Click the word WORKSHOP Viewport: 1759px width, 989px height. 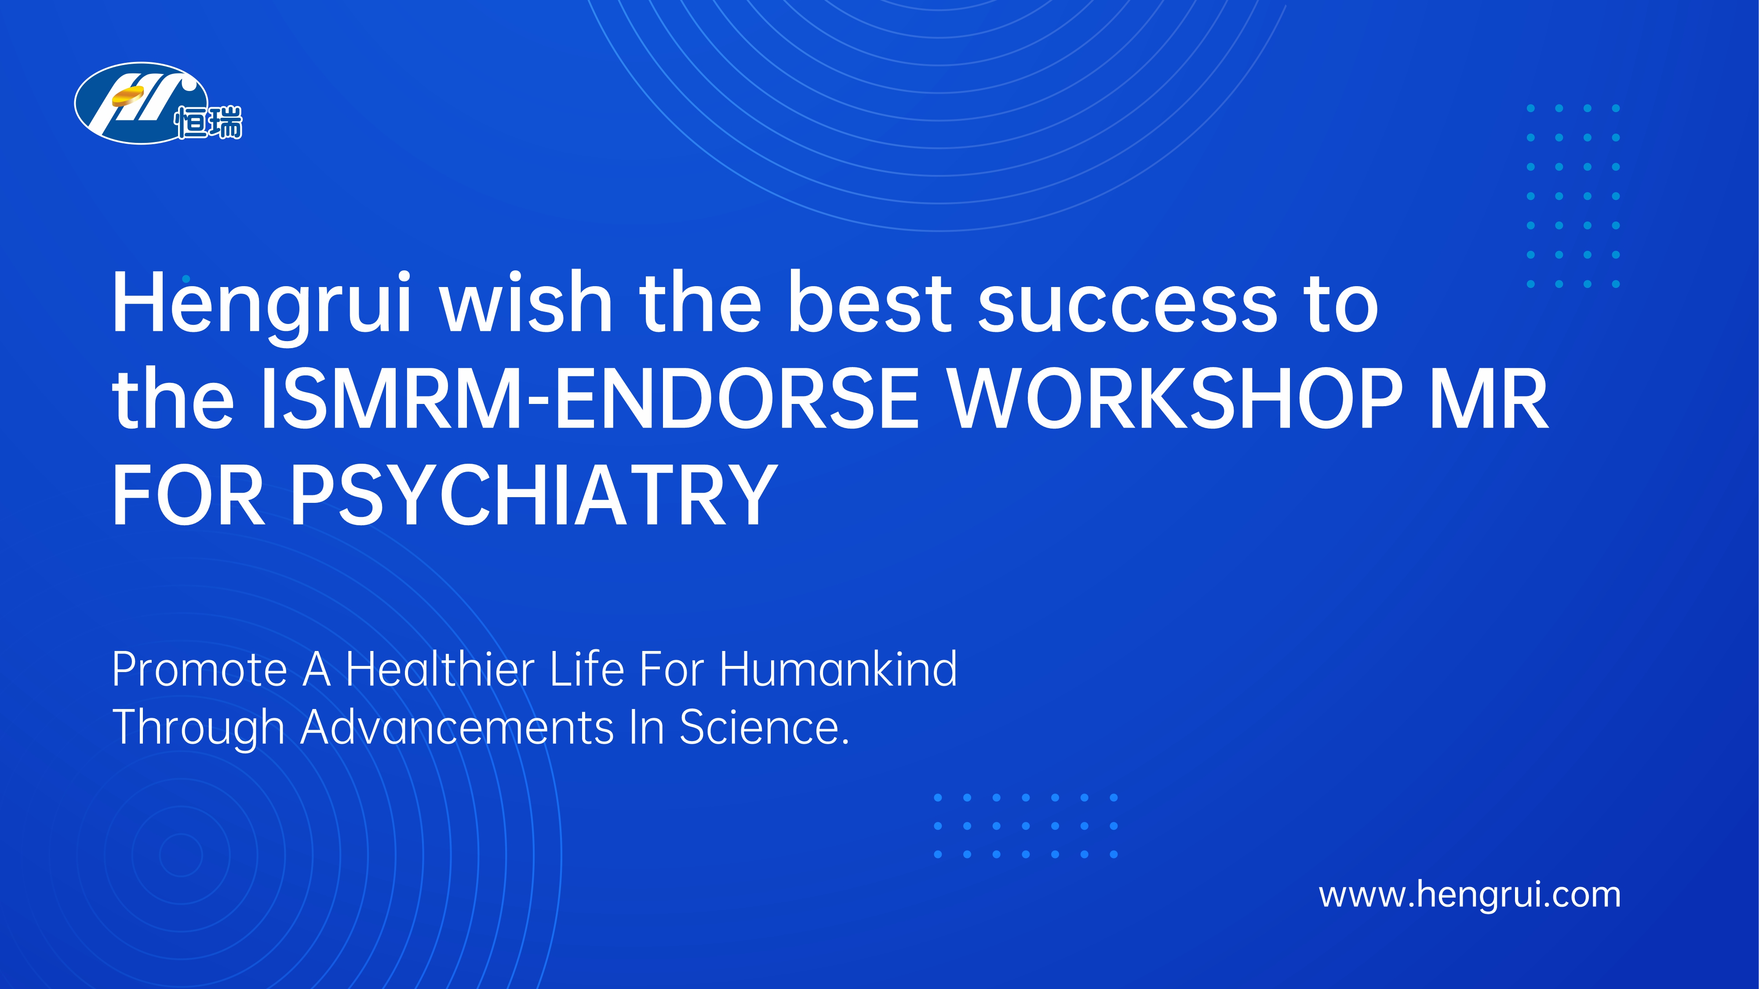(x=1176, y=399)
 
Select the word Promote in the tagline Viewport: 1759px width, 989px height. (x=200, y=669)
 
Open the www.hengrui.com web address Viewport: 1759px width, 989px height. (x=1469, y=895)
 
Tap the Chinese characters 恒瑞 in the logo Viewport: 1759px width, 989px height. (x=208, y=123)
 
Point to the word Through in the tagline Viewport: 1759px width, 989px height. (x=198, y=728)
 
